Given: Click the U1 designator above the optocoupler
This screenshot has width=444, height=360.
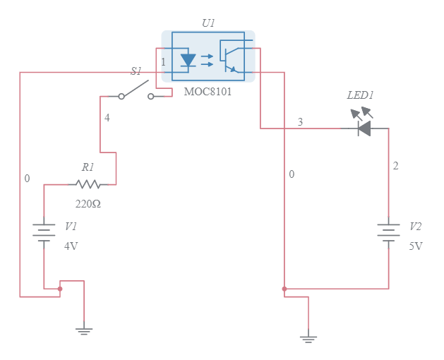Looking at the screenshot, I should click(208, 23).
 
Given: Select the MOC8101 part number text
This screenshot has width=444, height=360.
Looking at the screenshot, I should click(208, 92).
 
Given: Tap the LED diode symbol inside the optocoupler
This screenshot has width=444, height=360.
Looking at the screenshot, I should click(188, 60).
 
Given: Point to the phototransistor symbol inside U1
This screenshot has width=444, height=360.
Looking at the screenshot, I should click(229, 56).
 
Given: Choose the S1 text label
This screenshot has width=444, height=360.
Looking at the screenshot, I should click(136, 71).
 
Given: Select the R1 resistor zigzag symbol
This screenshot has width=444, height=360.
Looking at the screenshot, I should click(88, 184).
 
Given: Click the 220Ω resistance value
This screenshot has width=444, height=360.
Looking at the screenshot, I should click(88, 204).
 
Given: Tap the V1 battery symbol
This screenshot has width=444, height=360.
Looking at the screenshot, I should click(44, 232).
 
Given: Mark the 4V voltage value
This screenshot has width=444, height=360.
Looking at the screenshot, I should click(71, 246).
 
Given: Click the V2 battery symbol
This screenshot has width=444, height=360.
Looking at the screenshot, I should click(388, 232).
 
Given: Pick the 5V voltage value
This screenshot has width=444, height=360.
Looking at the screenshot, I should click(416, 246).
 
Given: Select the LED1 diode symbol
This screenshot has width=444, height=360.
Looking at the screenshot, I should click(364, 128).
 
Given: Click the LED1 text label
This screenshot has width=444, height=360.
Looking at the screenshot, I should click(360, 95).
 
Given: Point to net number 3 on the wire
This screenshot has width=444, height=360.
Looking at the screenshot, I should click(300, 122).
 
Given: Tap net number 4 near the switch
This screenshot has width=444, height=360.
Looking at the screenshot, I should click(107, 118).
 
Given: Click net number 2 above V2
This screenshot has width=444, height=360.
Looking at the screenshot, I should click(396, 166).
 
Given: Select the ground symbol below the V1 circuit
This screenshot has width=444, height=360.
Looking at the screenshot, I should click(84, 330).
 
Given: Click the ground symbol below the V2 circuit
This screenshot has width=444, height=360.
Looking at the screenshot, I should click(308, 338).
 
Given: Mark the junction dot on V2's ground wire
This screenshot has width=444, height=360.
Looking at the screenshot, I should click(284, 289).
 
